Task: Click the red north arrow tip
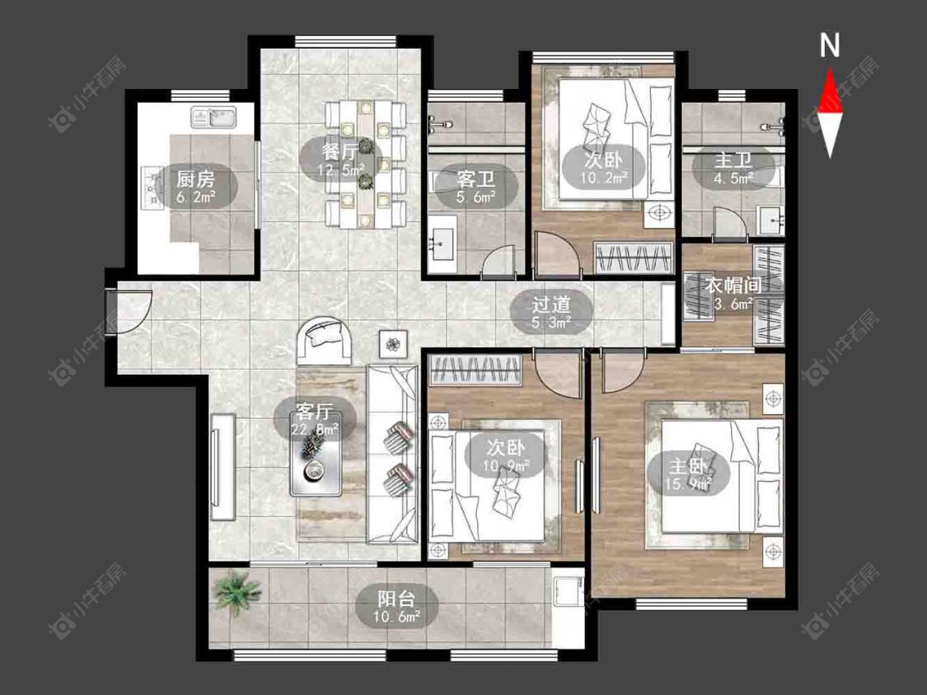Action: click(831, 68)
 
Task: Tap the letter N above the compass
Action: click(830, 45)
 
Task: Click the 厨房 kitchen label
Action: click(195, 179)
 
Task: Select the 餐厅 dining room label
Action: click(339, 152)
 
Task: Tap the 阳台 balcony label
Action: click(396, 599)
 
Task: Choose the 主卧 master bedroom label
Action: click(687, 466)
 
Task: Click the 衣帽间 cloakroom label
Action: click(733, 286)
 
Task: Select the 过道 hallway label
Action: click(551, 305)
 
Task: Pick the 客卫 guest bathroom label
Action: click(476, 179)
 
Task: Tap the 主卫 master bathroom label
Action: click(733, 160)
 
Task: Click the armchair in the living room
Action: click(324, 341)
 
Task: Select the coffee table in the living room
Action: click(315, 463)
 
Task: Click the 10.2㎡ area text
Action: click(604, 176)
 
